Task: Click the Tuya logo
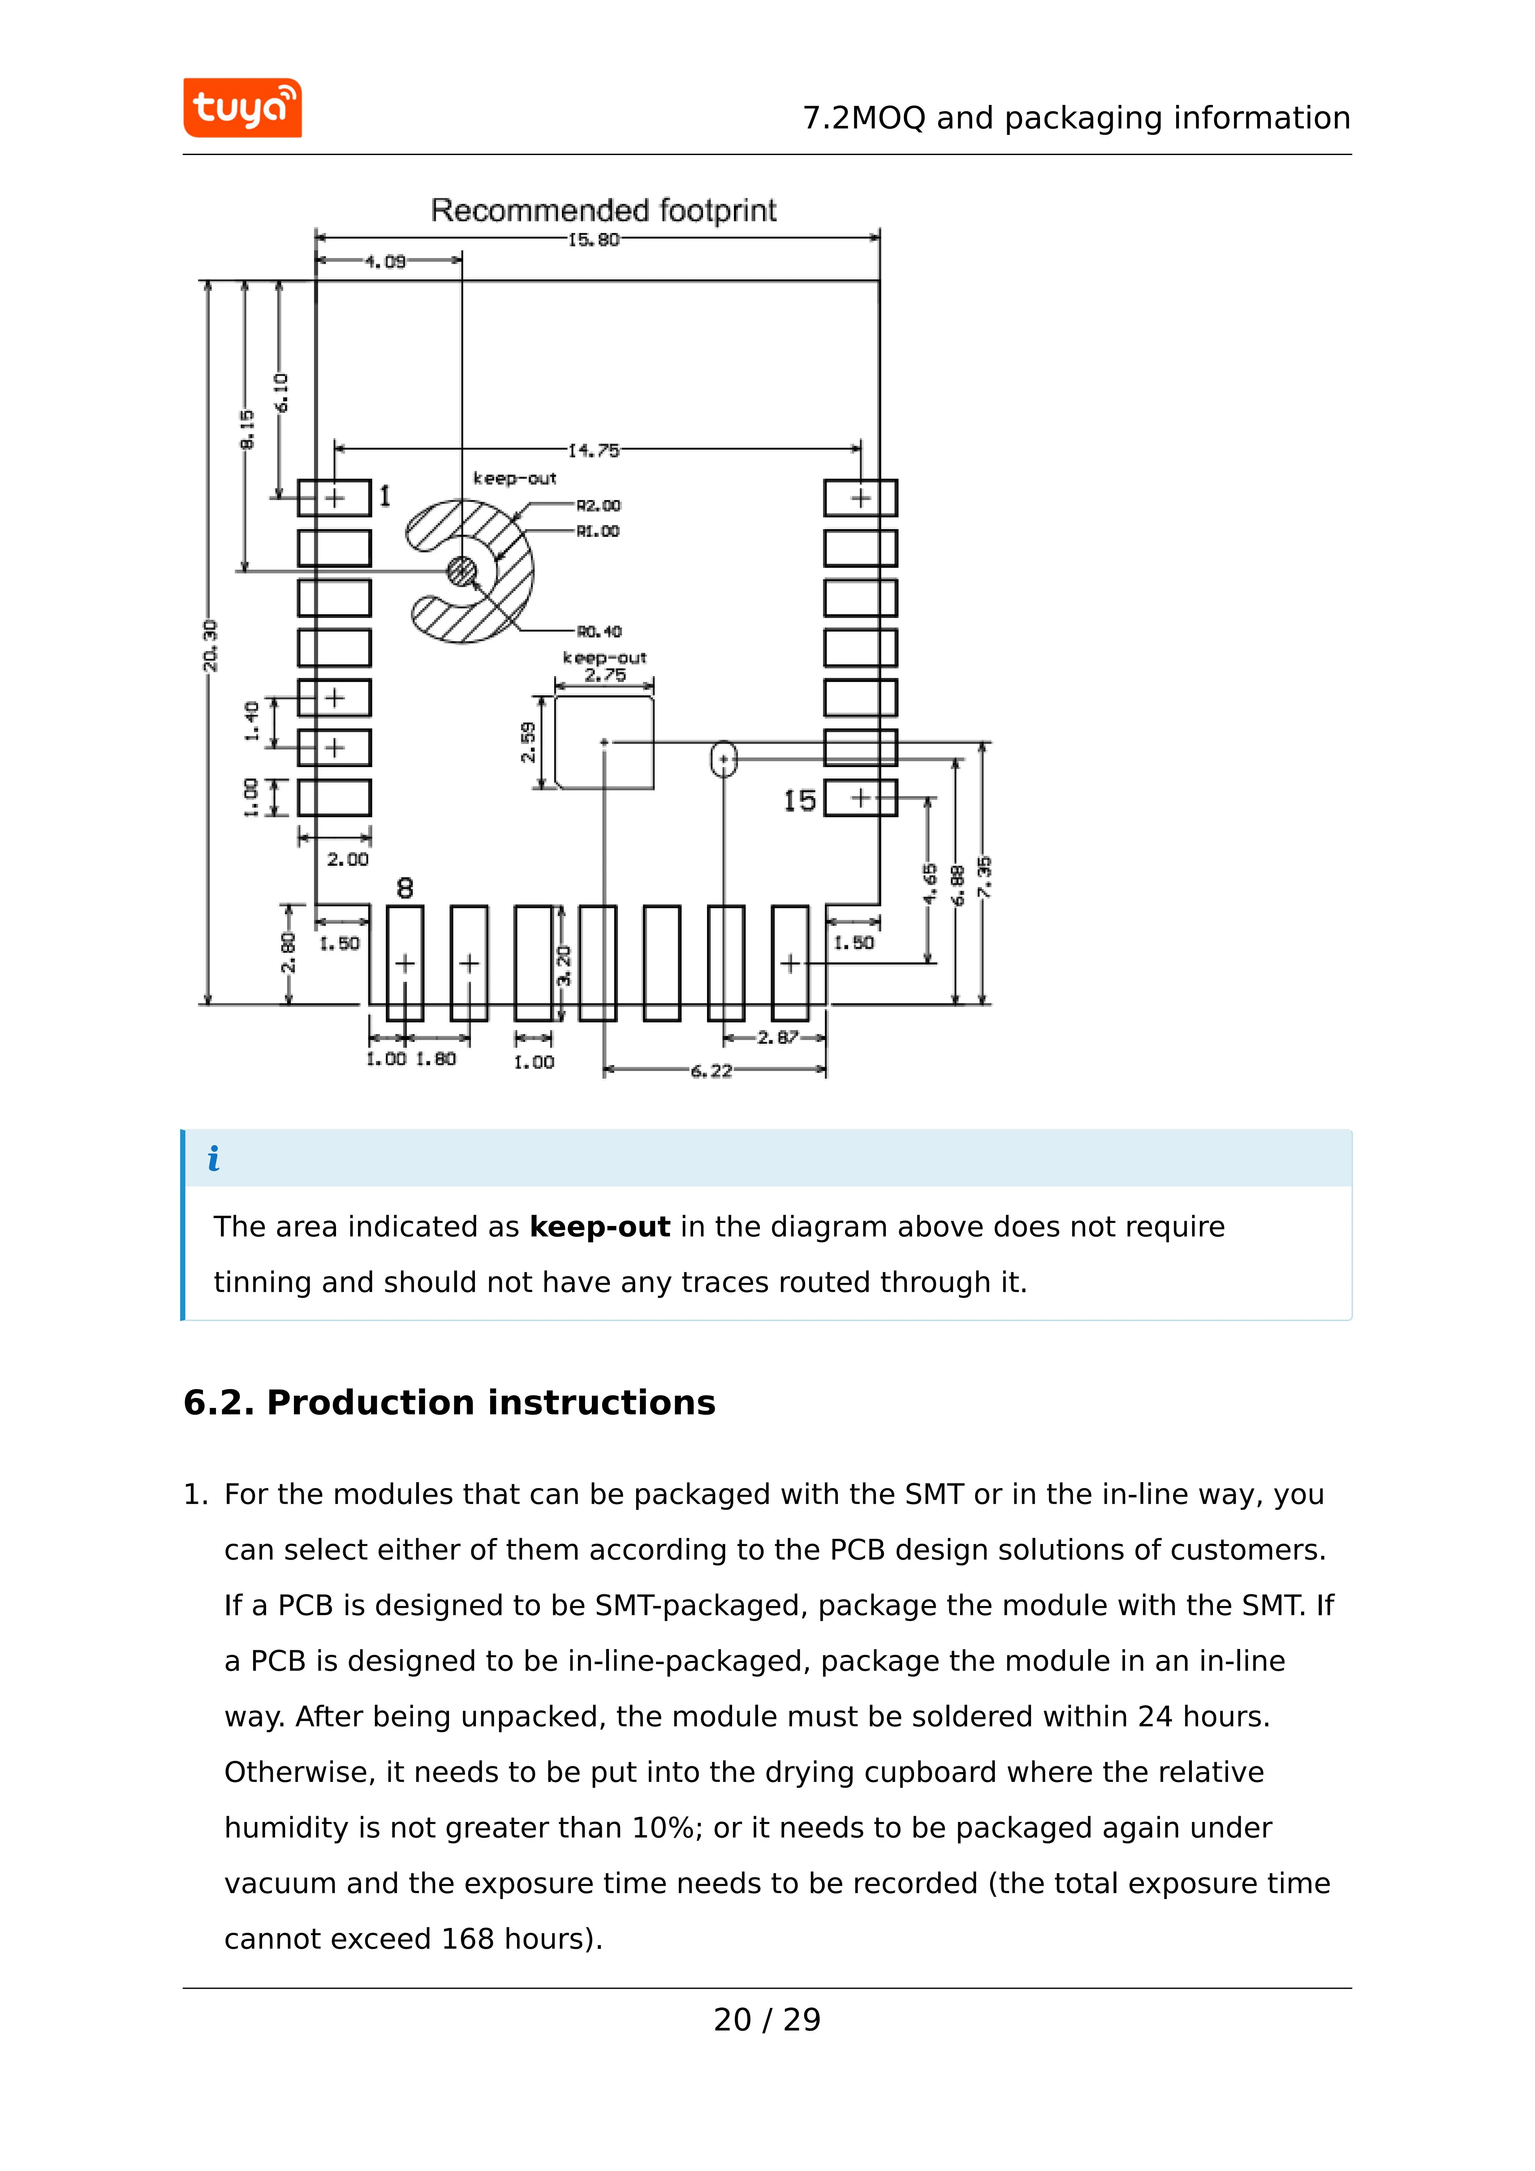[x=242, y=108]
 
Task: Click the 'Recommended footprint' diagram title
[x=603, y=210]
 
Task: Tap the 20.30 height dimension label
[x=210, y=646]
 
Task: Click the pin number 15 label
[x=799, y=801]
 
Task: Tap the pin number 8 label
[x=405, y=888]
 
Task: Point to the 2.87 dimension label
[x=778, y=1037]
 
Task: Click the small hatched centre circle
[x=463, y=571]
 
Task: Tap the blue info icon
[x=214, y=1158]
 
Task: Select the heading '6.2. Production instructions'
[x=449, y=1402]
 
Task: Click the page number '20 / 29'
[x=767, y=2020]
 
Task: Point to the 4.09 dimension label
[x=386, y=261]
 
